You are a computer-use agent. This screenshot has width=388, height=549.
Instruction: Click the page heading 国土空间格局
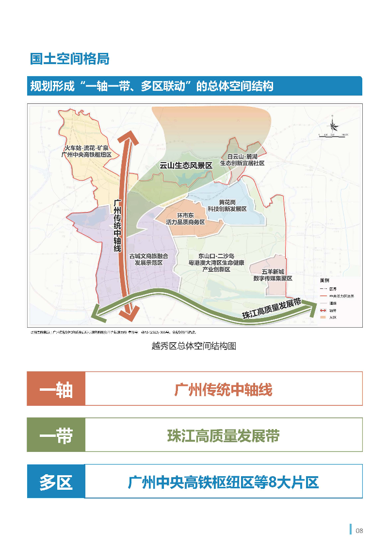click(69, 58)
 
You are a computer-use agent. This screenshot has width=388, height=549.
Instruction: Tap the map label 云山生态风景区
click(186, 166)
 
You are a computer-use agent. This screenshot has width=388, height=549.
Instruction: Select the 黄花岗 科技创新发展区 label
click(227, 205)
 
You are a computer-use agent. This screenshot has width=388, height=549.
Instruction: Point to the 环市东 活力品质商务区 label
click(185, 219)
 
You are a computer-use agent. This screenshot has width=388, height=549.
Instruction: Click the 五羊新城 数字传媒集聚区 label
click(273, 275)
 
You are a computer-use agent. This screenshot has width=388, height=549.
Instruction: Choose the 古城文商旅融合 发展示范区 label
click(148, 259)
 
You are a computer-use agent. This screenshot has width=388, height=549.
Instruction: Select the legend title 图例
click(324, 281)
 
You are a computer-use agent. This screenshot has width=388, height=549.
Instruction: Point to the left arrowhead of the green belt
click(99, 312)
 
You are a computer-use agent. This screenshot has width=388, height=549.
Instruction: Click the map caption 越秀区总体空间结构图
click(194, 346)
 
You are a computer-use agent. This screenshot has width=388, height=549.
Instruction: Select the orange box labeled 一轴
click(56, 389)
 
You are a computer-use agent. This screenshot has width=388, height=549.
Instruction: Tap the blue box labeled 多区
click(56, 482)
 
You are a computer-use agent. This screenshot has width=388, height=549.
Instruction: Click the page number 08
click(359, 530)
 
